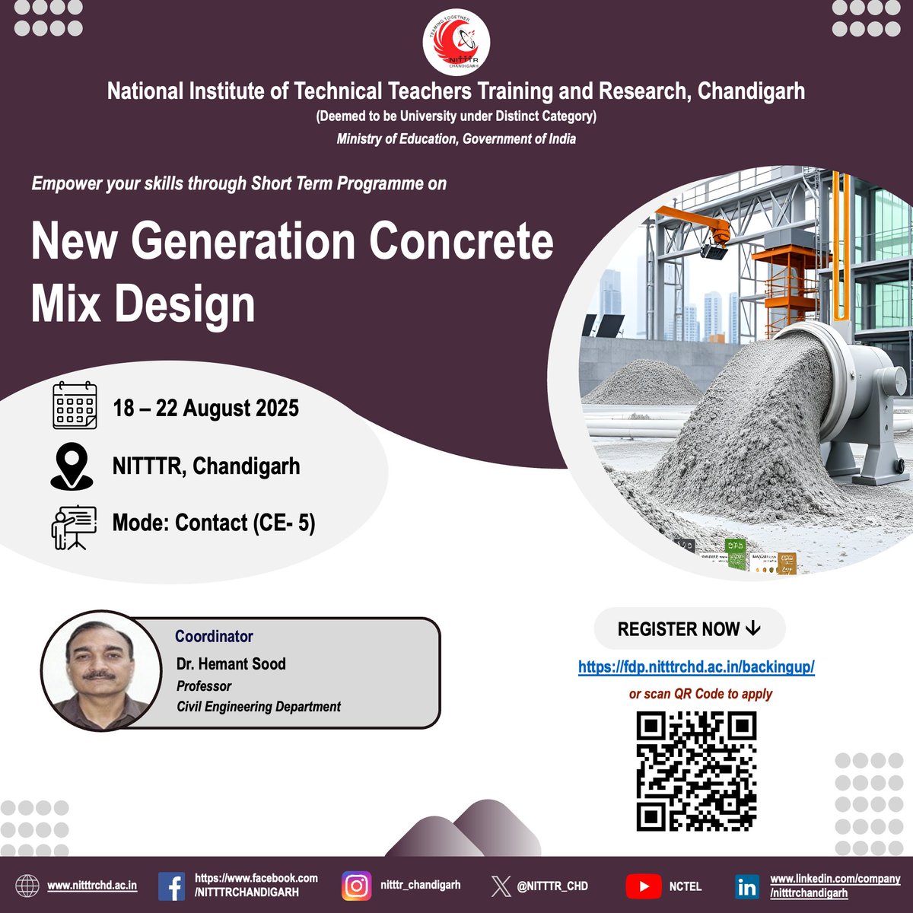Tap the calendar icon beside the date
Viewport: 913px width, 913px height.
tap(75, 406)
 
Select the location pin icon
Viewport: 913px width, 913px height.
tap(72, 466)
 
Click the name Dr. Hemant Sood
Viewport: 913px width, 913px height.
tap(231, 663)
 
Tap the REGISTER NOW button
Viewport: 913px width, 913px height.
tap(689, 628)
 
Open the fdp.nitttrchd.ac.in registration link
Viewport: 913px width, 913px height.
tap(696, 667)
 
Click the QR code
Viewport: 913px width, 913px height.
tap(696, 771)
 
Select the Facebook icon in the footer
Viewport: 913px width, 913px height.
tap(172, 886)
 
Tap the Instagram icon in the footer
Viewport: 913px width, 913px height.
tap(357, 886)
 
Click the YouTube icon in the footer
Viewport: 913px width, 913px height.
tap(644, 886)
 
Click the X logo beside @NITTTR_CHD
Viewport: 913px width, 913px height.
tap(501, 886)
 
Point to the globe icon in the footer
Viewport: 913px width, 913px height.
tap(27, 886)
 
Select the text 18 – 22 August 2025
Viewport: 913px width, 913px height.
tap(205, 409)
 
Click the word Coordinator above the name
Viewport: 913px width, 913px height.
tap(214, 636)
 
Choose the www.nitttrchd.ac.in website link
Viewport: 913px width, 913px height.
tap(92, 886)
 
